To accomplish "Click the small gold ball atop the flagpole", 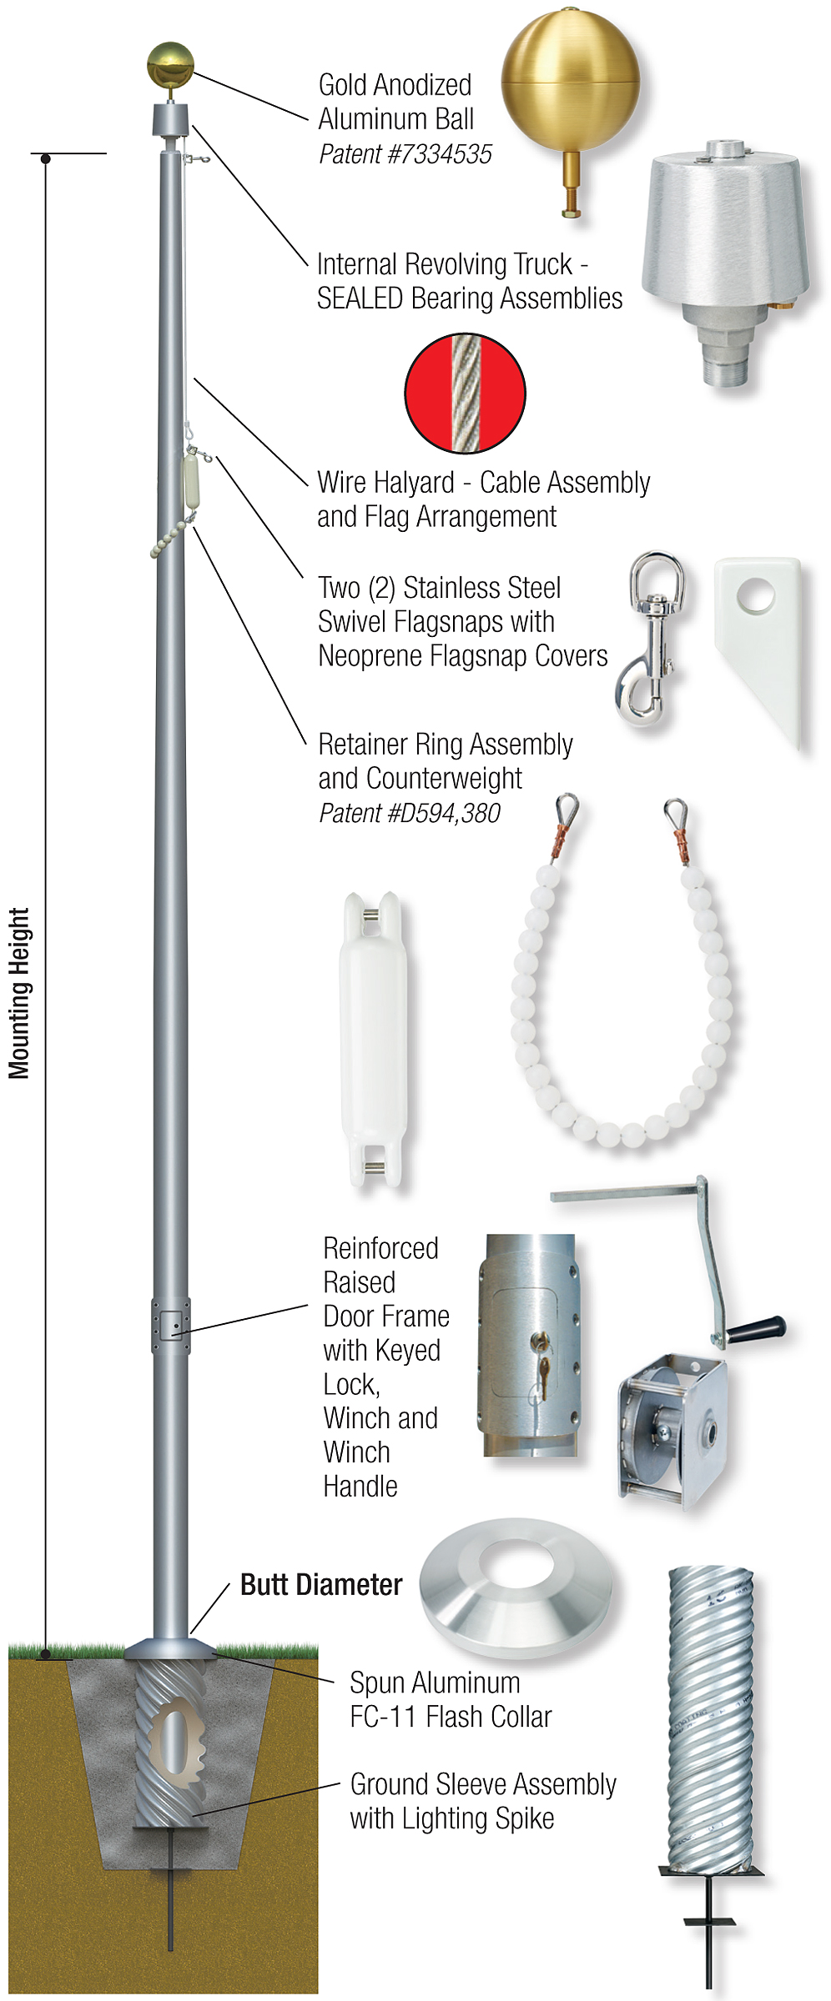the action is pyautogui.click(x=170, y=64).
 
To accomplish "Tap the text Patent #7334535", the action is pyautogui.click(x=405, y=154).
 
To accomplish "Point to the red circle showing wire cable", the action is pyautogui.click(x=465, y=393).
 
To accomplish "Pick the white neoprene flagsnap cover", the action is pyautogui.click(x=760, y=643).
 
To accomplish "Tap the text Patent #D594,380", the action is pyautogui.click(x=410, y=813).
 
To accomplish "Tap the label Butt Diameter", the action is pyautogui.click(x=321, y=1584).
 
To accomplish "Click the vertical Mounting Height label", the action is pyautogui.click(x=19, y=993).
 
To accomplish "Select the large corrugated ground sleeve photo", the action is pyautogui.click(x=711, y=1718).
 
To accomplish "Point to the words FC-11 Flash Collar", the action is pyautogui.click(x=451, y=1717).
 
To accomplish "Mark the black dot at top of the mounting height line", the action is pyautogui.click(x=46, y=158).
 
